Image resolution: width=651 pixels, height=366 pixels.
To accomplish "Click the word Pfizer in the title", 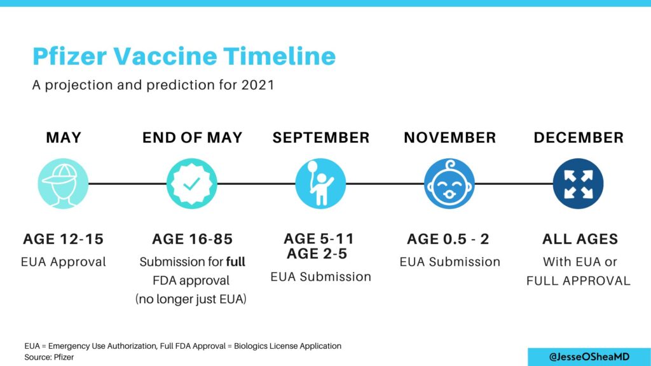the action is pyautogui.click(x=70, y=57).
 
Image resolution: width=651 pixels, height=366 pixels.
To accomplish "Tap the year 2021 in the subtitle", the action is pyautogui.click(x=257, y=85).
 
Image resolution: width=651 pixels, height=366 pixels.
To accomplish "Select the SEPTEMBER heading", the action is pyautogui.click(x=321, y=137).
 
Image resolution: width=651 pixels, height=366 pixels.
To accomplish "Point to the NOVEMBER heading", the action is pyautogui.click(x=449, y=137).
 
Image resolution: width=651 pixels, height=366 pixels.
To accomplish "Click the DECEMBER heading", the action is pyautogui.click(x=579, y=137).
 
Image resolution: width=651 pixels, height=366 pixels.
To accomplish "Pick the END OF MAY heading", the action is pyautogui.click(x=192, y=137).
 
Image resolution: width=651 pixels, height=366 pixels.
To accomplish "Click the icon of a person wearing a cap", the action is pyautogui.click(x=63, y=184).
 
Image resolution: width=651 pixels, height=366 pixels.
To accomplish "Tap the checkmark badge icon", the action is pyautogui.click(x=192, y=184).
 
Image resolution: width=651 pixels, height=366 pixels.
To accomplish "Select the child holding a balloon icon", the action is pyautogui.click(x=320, y=184).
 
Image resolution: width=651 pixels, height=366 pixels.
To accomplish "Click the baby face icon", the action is pyautogui.click(x=449, y=184).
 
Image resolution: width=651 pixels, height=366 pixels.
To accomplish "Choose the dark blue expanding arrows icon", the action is pyautogui.click(x=578, y=184).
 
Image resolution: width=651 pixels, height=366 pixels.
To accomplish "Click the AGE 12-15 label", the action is pyautogui.click(x=63, y=239).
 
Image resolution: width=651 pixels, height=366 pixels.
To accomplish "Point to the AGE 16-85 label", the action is pyautogui.click(x=192, y=239).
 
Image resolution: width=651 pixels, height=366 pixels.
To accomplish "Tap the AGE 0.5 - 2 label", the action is pyautogui.click(x=448, y=239).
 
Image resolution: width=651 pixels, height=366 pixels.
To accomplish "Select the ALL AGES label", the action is pyautogui.click(x=580, y=239).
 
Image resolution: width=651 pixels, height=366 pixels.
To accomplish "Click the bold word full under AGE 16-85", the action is pyautogui.click(x=235, y=262).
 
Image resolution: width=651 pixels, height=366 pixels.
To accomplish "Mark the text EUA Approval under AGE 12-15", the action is pyautogui.click(x=64, y=262).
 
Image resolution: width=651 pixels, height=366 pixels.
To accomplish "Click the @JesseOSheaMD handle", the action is pyautogui.click(x=589, y=357).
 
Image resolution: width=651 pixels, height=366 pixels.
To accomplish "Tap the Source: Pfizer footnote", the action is pyautogui.click(x=49, y=357).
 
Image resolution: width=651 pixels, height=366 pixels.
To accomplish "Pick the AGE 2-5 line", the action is pyautogui.click(x=317, y=254).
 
